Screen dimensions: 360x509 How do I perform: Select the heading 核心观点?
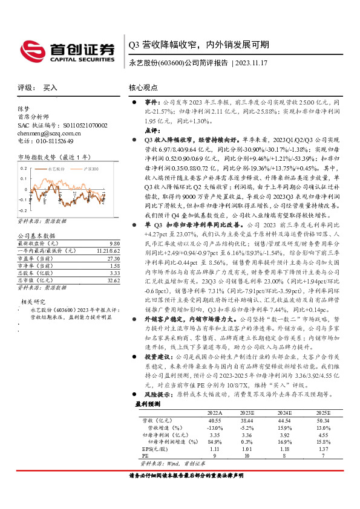[143, 88]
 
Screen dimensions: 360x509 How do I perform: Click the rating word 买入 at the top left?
[50, 88]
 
